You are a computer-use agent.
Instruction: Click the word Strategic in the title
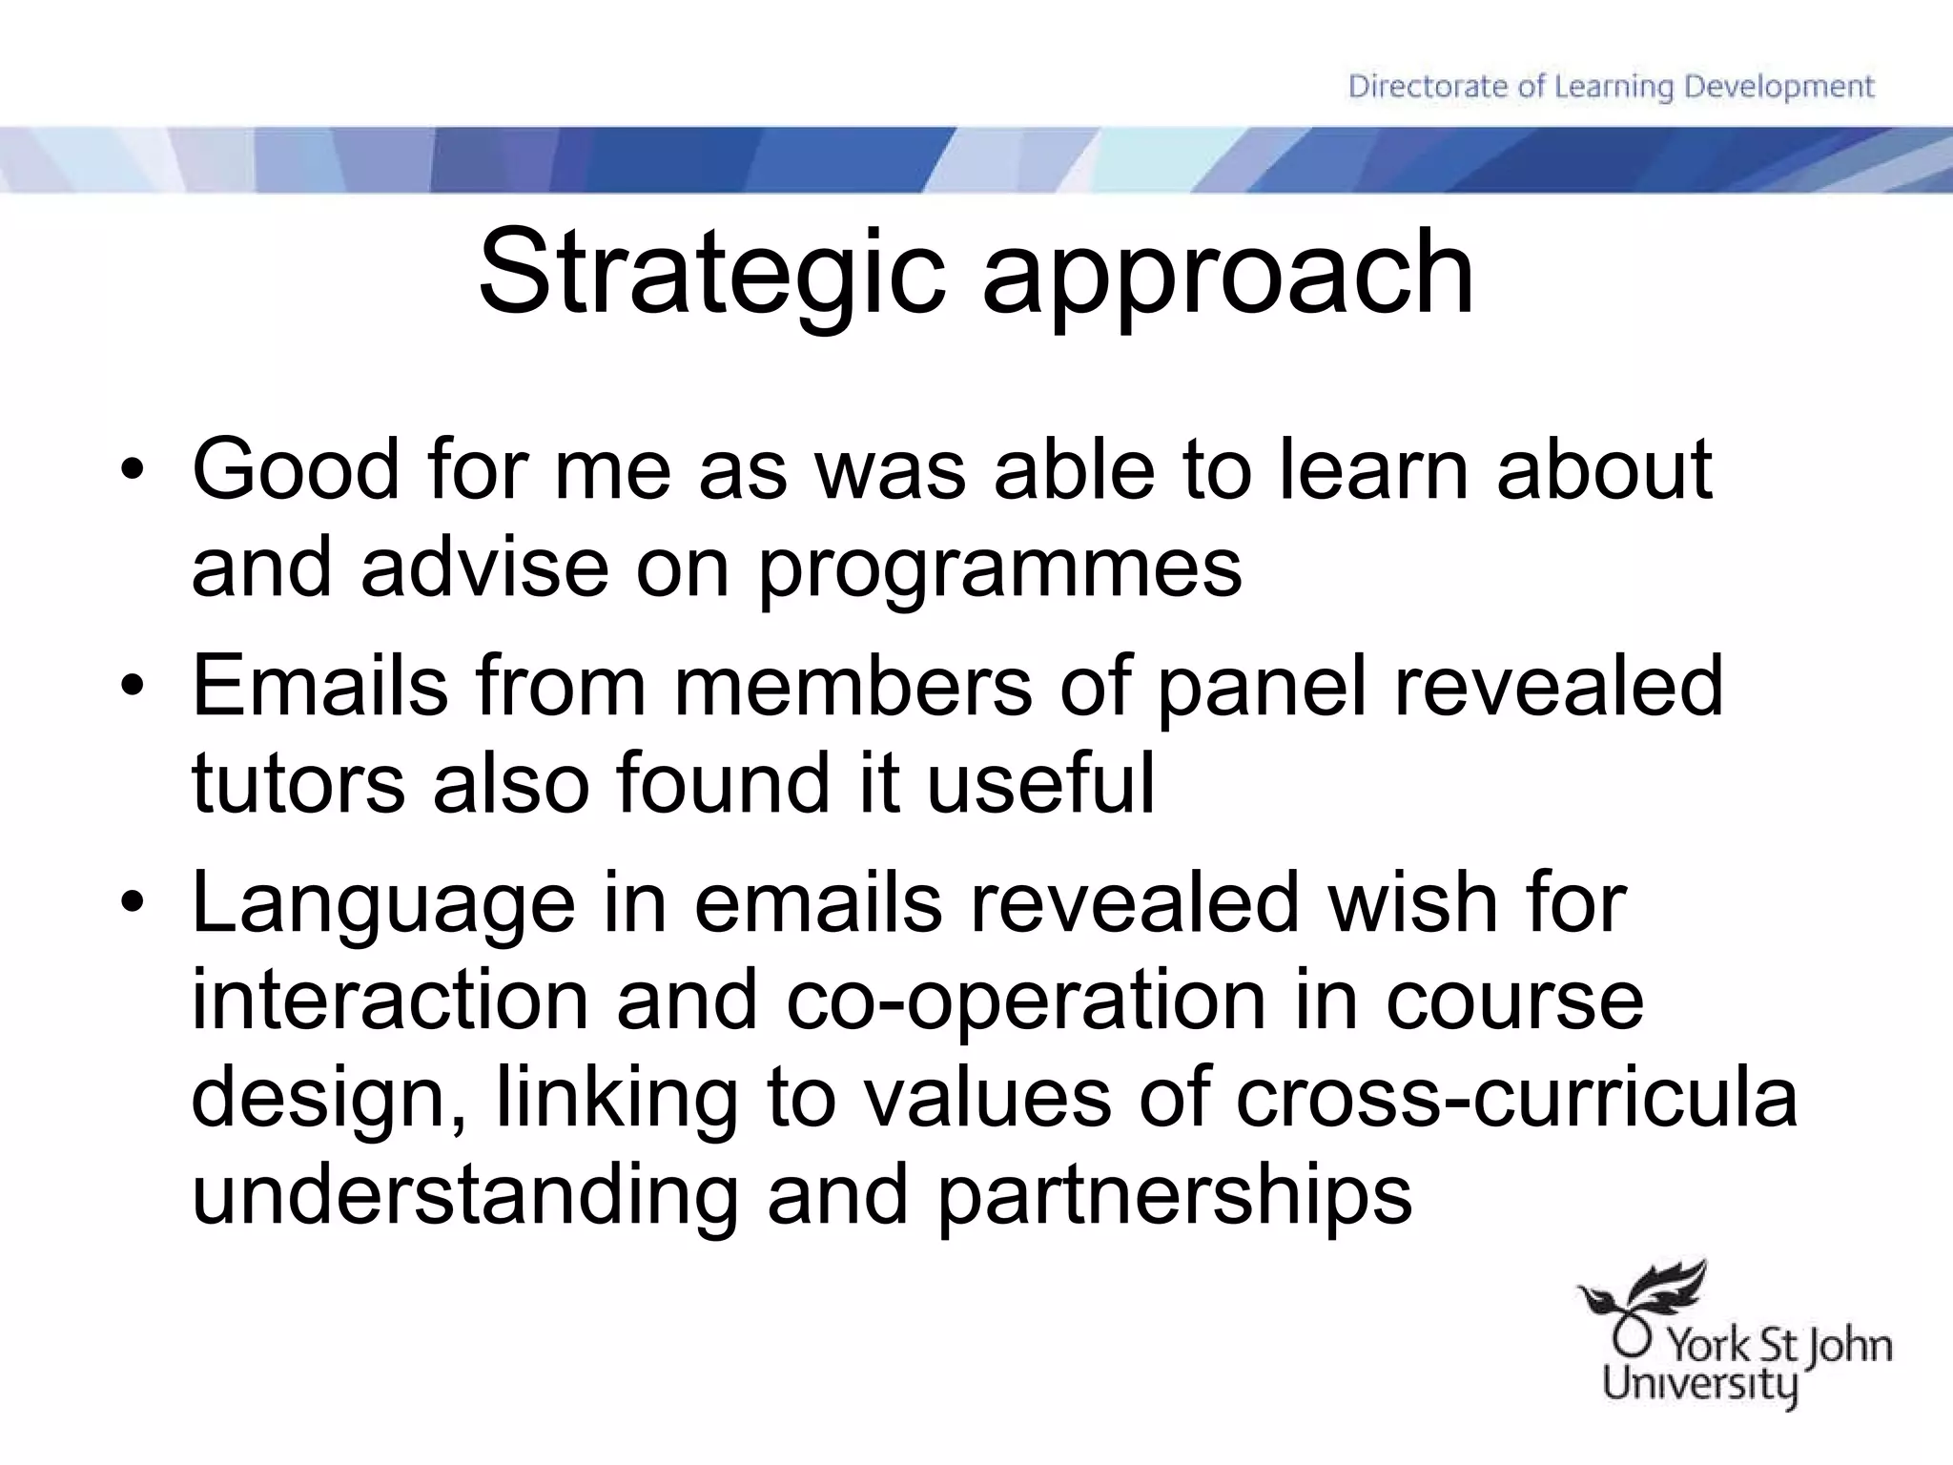pos(711,274)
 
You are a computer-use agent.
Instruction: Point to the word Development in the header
pos(1779,88)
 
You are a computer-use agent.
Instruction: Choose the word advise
pos(484,567)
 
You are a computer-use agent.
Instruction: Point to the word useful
pos(1040,784)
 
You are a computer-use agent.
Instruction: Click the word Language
pos(383,906)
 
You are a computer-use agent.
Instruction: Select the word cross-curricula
pos(1516,1098)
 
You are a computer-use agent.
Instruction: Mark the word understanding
pos(464,1196)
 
